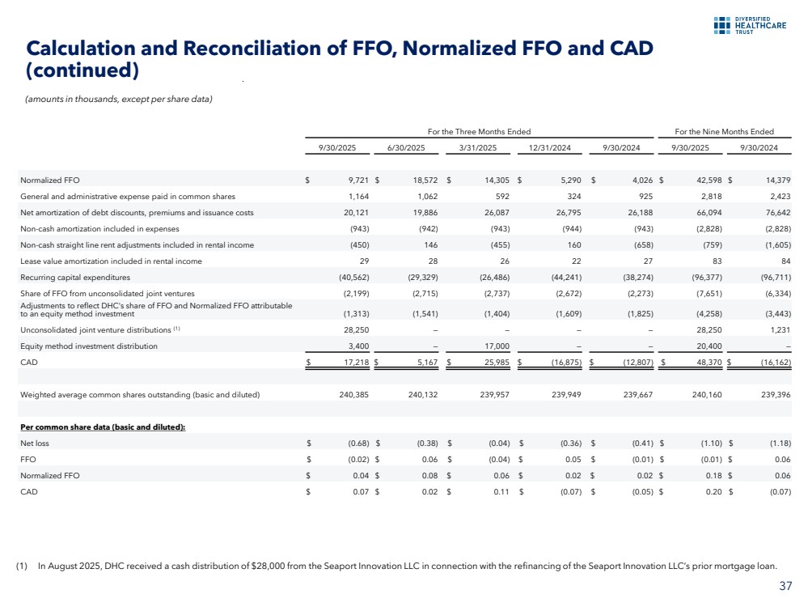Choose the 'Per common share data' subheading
(x=103, y=427)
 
